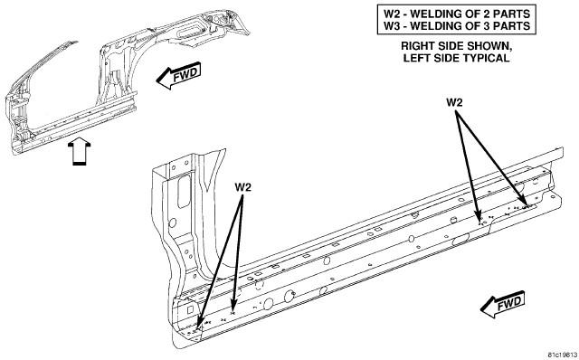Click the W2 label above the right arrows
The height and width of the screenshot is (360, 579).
coord(454,102)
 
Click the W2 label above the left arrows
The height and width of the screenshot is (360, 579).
coord(242,187)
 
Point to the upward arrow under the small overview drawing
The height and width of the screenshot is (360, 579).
coord(79,151)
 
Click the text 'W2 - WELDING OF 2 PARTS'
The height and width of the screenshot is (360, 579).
coord(456,14)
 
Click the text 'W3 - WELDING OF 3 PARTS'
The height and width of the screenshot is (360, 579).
coord(456,26)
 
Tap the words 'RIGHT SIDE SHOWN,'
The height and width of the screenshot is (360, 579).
coord(456,46)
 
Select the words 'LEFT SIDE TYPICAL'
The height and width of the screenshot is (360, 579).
coord(456,58)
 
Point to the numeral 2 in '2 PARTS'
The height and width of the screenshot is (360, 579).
coord(480,14)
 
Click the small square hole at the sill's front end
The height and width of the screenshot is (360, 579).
coord(190,309)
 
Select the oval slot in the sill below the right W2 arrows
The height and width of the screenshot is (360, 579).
coord(460,239)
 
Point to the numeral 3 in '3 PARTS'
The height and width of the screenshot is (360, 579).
coord(480,26)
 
